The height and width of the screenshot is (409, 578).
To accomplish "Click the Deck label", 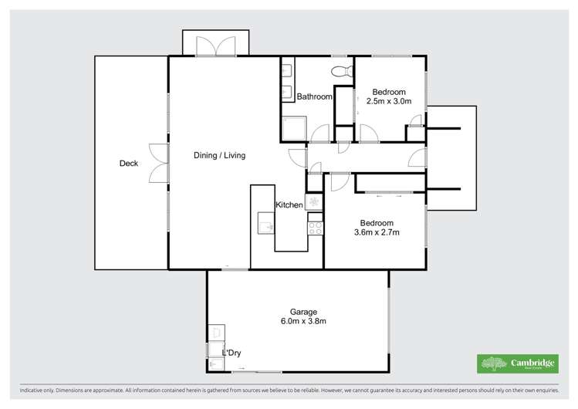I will click(129, 163).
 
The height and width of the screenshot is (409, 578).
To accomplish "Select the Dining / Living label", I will click(219, 155).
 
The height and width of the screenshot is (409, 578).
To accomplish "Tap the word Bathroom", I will click(315, 96).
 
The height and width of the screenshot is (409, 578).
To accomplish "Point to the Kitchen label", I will click(289, 204).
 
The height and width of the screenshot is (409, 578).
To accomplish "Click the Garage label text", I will click(298, 312).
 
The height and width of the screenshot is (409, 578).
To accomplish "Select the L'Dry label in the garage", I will click(232, 353).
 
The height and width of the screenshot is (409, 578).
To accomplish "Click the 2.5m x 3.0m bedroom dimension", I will click(389, 101).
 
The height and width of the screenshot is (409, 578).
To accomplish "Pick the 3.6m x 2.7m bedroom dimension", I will click(377, 232).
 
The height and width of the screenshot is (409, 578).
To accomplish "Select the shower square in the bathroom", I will click(293, 128).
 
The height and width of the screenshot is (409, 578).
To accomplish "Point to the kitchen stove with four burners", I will click(315, 227).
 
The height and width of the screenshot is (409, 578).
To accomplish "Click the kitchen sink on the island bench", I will click(265, 226).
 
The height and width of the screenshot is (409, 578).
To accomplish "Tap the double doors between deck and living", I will click(159, 163).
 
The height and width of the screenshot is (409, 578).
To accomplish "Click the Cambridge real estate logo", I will click(518, 363).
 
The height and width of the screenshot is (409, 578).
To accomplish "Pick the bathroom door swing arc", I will click(318, 136).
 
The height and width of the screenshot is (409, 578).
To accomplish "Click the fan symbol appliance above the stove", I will click(313, 201).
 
